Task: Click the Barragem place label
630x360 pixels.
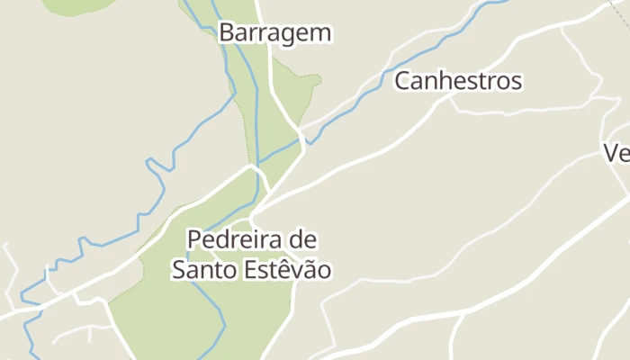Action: tap(275, 33)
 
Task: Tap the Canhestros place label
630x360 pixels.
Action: tap(458, 81)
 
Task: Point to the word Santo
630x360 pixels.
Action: tap(201, 269)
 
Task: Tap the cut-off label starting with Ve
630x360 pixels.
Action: tap(617, 153)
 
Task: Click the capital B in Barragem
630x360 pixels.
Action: tap(226, 33)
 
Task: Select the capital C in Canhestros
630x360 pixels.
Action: tap(402, 81)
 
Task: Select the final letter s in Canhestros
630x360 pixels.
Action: tap(517, 81)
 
